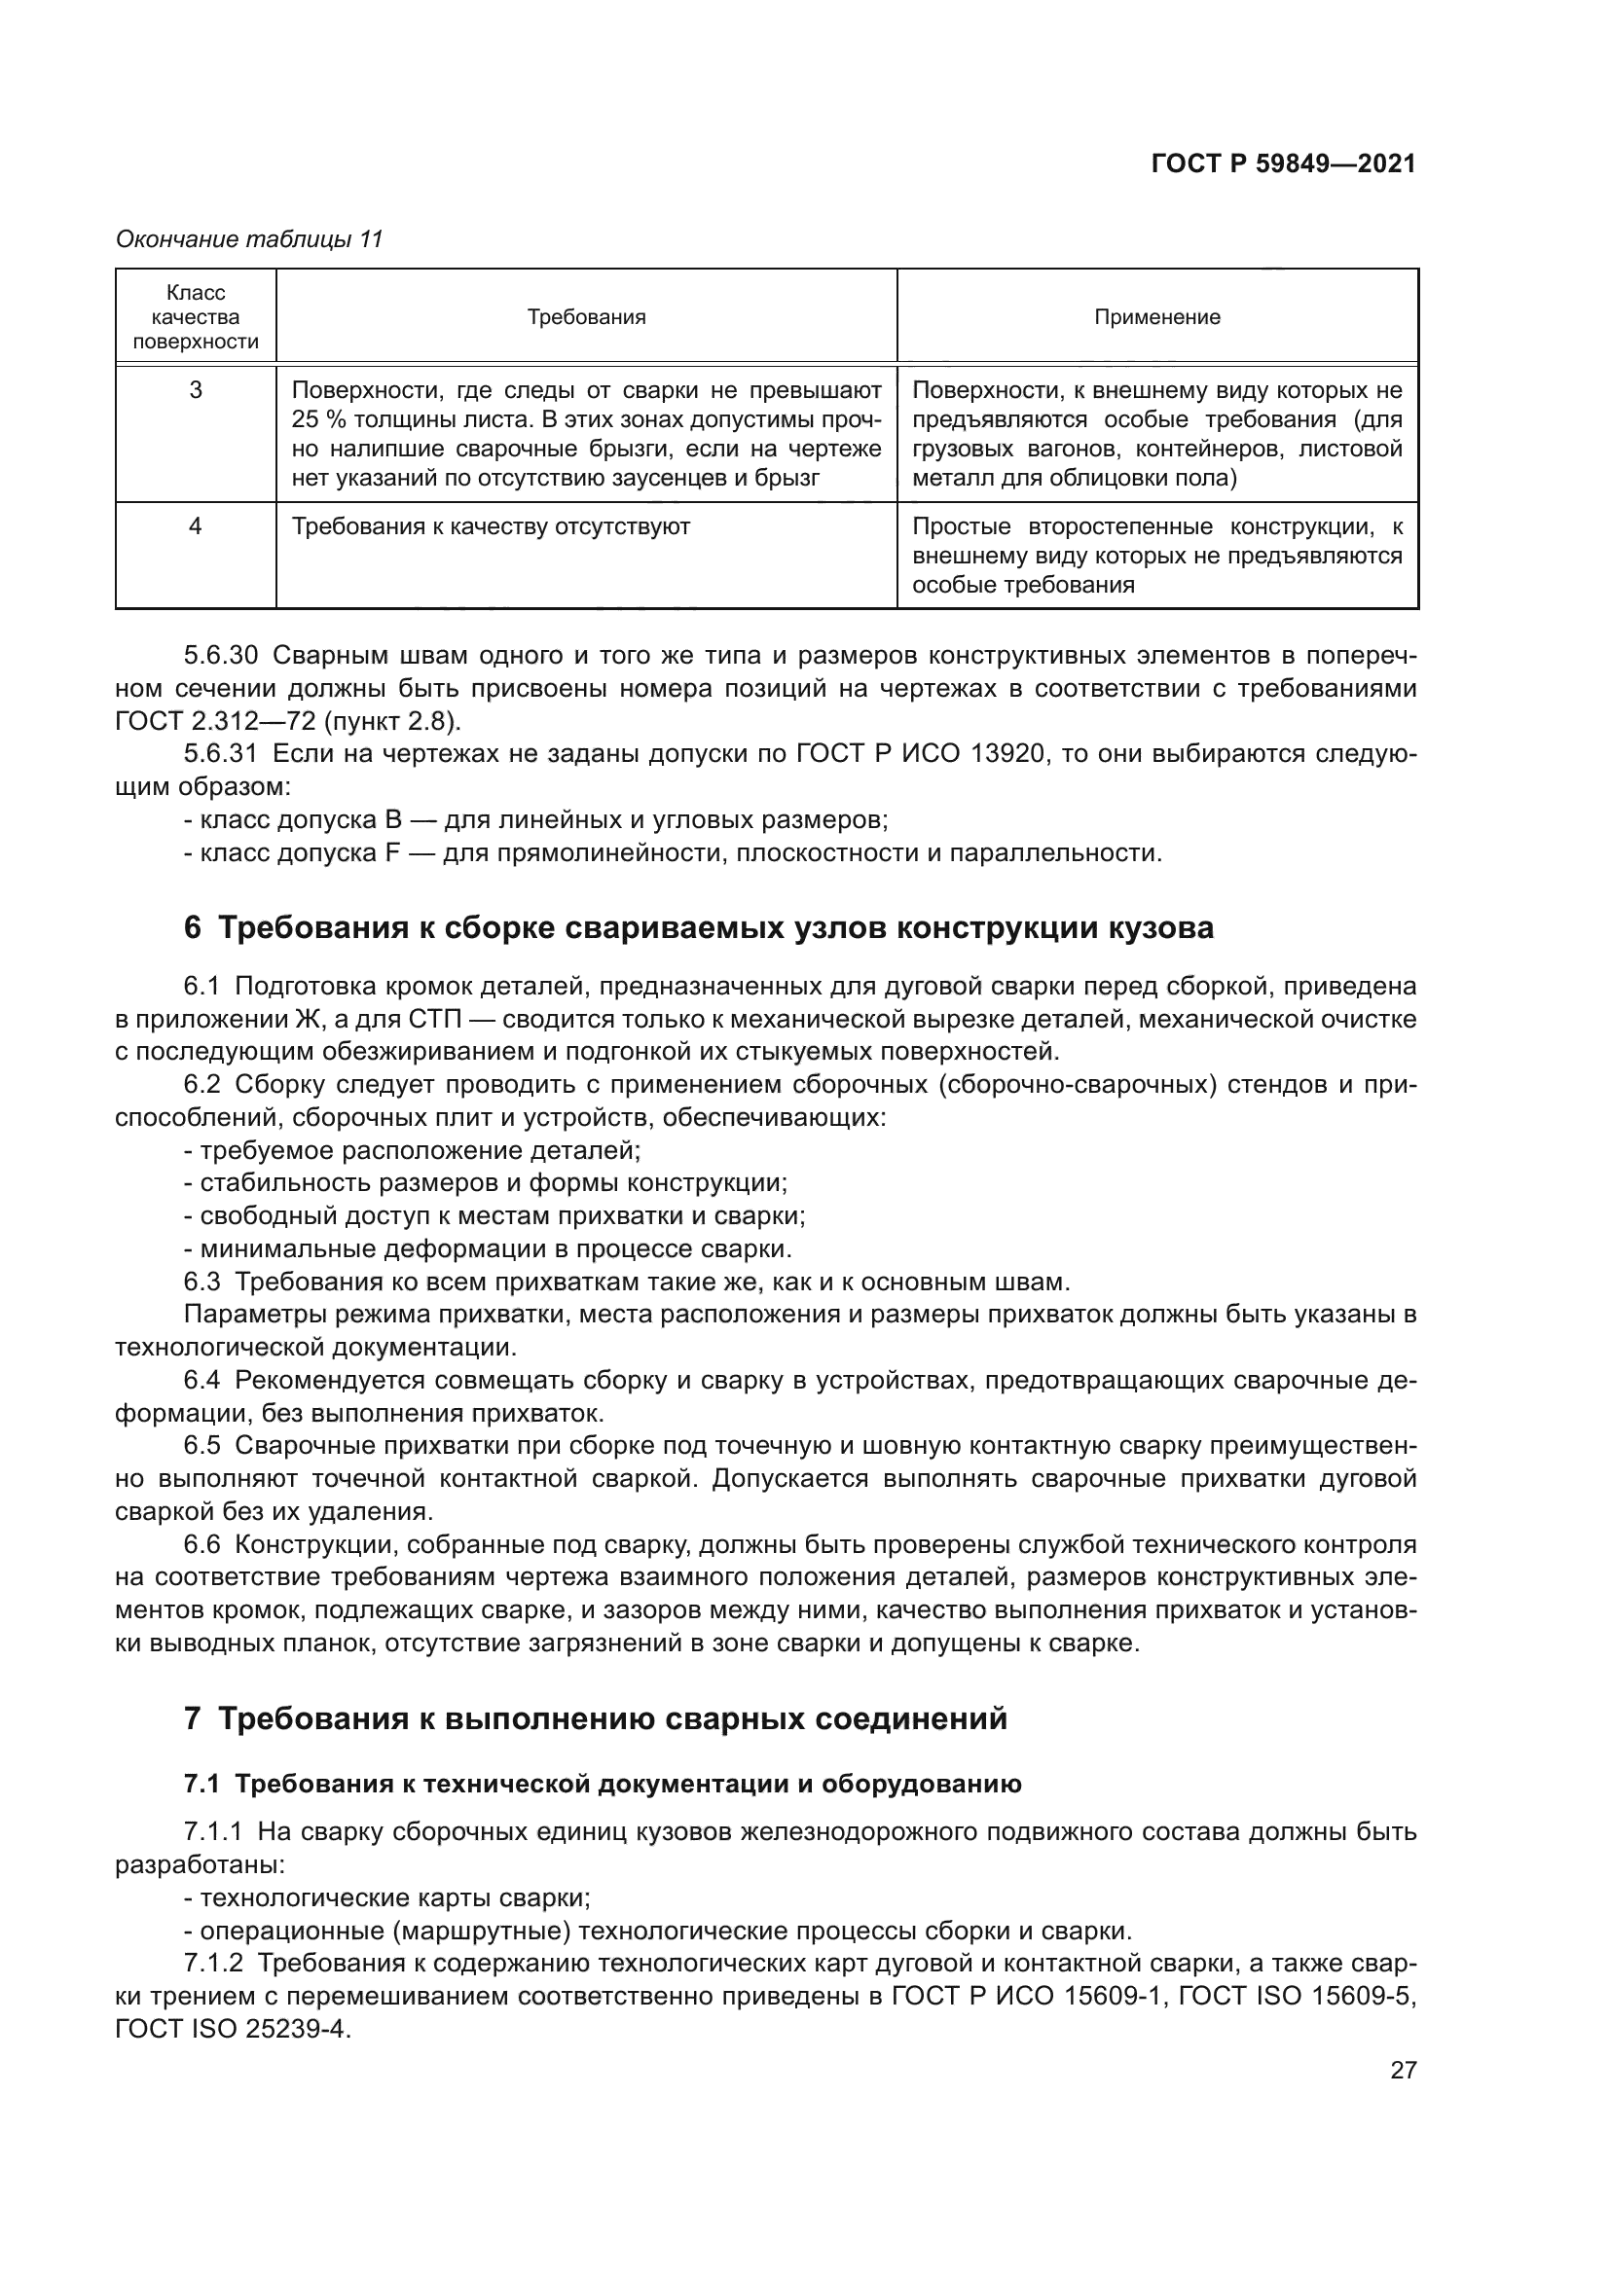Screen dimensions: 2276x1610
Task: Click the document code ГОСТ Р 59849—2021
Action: (1283, 164)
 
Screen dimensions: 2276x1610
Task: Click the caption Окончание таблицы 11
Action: (249, 239)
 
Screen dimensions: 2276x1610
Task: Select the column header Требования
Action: (586, 317)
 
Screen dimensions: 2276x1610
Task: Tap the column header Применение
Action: (1157, 317)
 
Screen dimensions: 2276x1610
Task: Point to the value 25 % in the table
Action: (316, 419)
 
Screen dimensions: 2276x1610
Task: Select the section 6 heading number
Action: (193, 928)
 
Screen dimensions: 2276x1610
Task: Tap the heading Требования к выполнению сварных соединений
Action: (611, 1717)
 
